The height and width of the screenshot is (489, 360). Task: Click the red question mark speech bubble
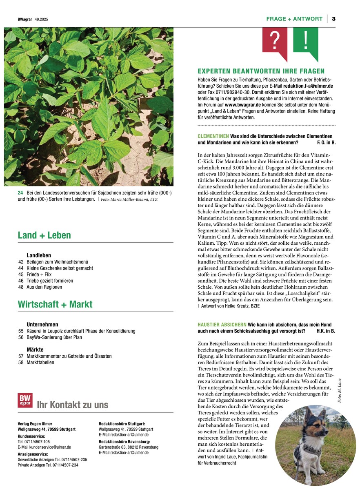275,41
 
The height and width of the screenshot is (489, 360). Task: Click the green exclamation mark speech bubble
306,41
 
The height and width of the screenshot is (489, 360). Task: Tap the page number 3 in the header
333,19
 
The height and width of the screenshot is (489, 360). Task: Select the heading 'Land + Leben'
44,235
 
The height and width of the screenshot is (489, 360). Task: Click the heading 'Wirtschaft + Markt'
55,304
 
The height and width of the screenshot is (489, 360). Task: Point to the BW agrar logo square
25,400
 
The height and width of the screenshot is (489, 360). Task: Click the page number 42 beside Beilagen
21,262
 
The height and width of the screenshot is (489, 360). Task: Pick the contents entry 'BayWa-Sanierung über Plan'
54,337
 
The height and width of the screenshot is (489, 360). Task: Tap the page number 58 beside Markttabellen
21,363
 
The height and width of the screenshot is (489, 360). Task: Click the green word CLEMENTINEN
213,136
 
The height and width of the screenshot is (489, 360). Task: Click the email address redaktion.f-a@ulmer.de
307,86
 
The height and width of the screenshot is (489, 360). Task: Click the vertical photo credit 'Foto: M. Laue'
339,391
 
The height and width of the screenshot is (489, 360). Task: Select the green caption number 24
20,193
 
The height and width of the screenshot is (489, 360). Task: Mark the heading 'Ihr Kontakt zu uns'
73,405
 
